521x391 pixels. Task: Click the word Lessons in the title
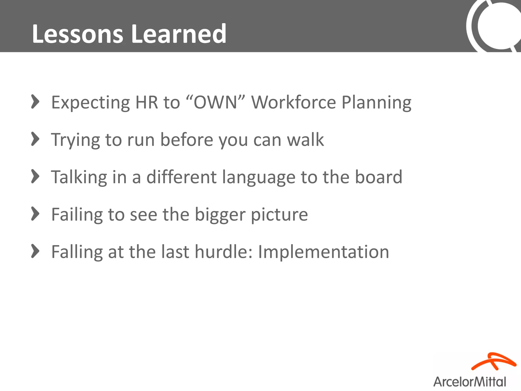[78, 34]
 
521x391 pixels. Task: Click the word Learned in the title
[179, 34]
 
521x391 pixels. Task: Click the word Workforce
[294, 102]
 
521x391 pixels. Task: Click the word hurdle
[224, 252]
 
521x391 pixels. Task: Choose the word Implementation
[323, 252]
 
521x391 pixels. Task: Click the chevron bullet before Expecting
[35, 102]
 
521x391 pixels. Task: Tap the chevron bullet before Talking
[35, 176]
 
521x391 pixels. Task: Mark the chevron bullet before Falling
[35, 251]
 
